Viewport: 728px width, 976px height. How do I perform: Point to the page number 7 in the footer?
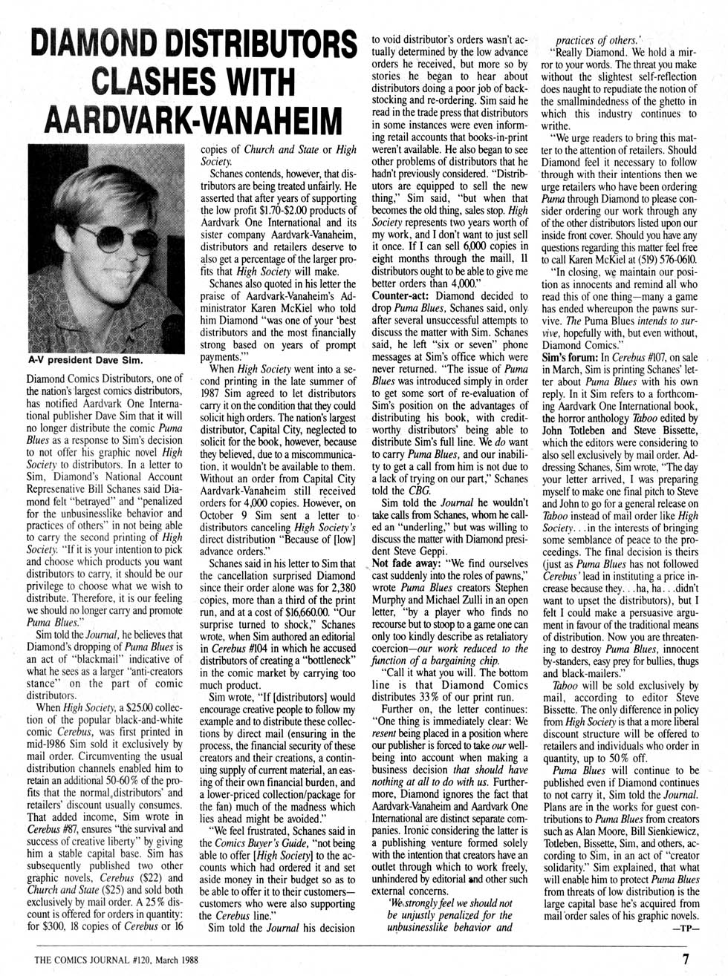686,959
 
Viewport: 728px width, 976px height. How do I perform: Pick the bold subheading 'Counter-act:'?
402,295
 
